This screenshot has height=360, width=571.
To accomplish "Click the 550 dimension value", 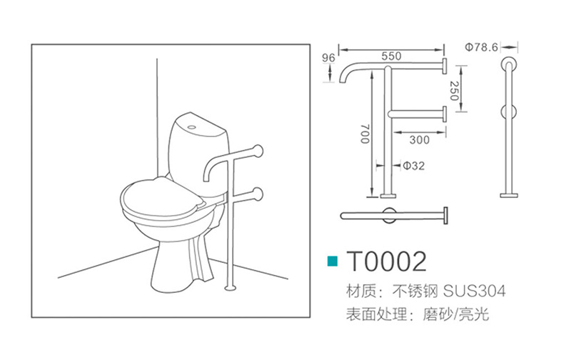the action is click(x=391, y=56).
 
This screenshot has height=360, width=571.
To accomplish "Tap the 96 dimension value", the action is click(x=328, y=58).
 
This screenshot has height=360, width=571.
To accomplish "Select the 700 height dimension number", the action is click(x=365, y=134).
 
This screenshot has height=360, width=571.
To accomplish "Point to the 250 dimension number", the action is click(x=454, y=91).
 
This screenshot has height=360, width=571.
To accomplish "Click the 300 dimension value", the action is click(x=419, y=139).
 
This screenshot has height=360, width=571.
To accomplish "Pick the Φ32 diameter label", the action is click(x=414, y=166).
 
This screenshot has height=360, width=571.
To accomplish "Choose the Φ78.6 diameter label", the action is click(x=481, y=47).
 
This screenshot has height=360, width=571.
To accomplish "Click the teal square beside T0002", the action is click(x=333, y=261).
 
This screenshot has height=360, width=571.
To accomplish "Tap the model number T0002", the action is click(x=386, y=261).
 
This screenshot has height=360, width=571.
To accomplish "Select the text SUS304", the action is click(x=474, y=291).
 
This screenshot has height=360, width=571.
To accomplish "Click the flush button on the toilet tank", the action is click(x=191, y=128).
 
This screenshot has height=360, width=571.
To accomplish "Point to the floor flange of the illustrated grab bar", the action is click(x=230, y=289).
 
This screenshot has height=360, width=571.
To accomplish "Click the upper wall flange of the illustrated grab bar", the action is click(x=258, y=151).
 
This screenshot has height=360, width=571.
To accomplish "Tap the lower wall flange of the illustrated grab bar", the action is click(x=258, y=194).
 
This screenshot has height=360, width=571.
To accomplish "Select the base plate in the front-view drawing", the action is click(x=388, y=196).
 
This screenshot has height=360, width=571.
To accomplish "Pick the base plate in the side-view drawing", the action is click(x=509, y=196).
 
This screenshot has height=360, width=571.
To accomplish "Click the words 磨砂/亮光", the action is click(x=455, y=314).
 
